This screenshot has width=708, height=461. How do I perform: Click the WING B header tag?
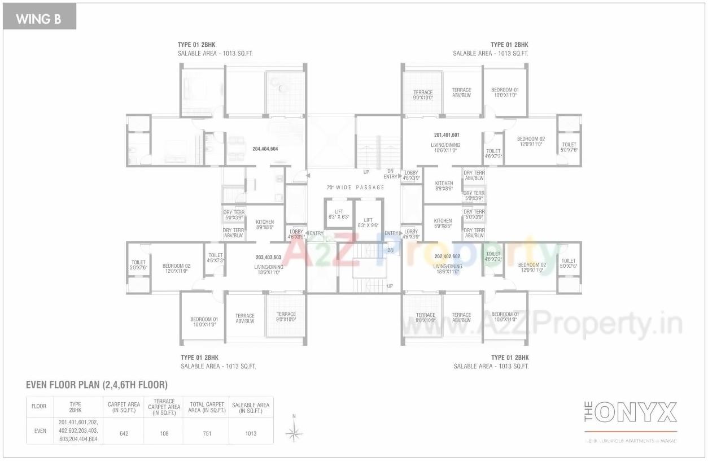pos(39,19)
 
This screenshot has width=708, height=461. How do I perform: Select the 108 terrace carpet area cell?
pos(164,433)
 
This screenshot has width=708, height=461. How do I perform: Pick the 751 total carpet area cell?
pos(206,433)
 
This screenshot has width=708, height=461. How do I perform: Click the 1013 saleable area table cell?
pos(251,433)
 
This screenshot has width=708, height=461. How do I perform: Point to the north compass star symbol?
pos(294,432)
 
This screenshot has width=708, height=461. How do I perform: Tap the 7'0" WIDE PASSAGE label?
pos(356,188)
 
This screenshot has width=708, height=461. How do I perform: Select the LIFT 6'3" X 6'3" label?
pos(339,214)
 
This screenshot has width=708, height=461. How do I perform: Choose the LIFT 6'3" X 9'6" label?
pos(368,223)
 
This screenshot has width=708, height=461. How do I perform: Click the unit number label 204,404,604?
pos(265,149)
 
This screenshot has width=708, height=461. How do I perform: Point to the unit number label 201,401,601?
pos(447,135)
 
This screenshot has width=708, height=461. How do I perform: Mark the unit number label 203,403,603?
pos(268,257)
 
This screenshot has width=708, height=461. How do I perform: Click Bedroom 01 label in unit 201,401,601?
pos(505,93)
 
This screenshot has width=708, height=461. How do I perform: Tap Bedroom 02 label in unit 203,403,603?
pos(176,268)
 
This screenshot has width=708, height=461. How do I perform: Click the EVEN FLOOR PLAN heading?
pos(97,385)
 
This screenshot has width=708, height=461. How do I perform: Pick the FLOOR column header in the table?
pos(39,406)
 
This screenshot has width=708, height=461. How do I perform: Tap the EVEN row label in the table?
pos(40,430)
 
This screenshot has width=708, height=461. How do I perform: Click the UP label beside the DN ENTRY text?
pos(366,172)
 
